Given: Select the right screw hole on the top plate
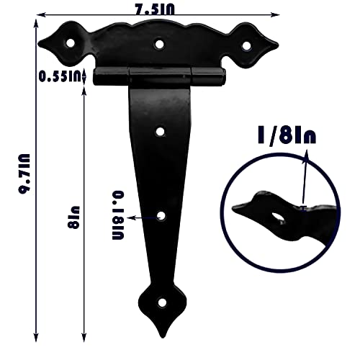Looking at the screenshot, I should click(x=246, y=45).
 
